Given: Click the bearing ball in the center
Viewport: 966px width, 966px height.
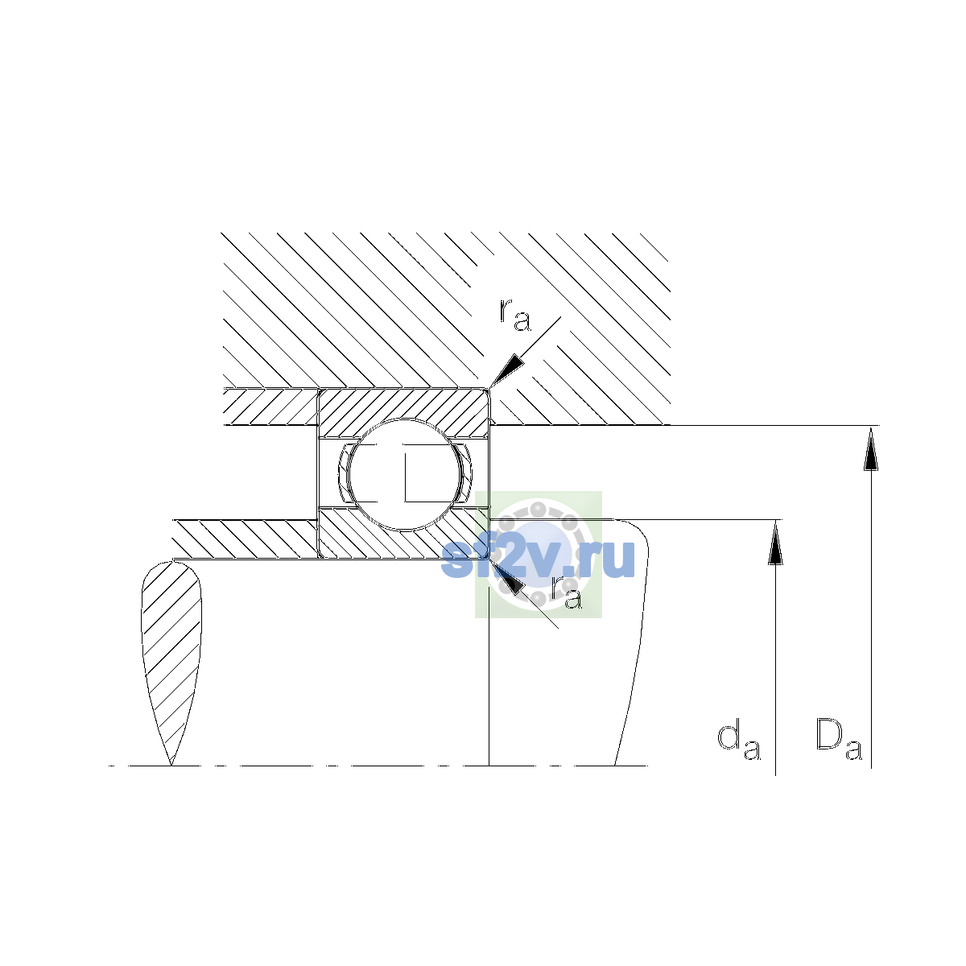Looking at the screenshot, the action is (404, 474).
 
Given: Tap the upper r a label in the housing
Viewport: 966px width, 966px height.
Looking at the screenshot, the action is (515, 316).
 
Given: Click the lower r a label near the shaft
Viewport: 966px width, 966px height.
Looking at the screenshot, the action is (567, 592).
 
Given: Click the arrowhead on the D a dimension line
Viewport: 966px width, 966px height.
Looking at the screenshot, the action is (871, 448).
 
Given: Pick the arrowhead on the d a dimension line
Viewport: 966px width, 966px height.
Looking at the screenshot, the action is (775, 542).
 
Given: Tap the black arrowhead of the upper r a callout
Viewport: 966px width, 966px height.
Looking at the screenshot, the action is (506, 370).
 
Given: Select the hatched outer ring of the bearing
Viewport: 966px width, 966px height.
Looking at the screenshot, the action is (404, 405).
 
